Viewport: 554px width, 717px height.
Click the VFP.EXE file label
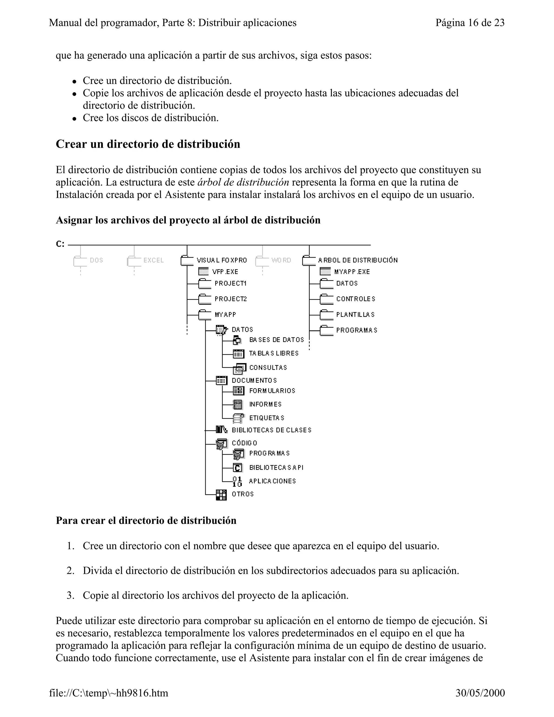[x=225, y=272]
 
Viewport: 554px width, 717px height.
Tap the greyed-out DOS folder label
[x=97, y=260]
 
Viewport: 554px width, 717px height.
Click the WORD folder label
[x=281, y=260]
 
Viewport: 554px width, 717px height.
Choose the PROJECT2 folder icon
[x=205, y=299]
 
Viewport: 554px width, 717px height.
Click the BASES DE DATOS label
[x=277, y=340]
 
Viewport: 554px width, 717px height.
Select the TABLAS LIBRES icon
[x=238, y=354]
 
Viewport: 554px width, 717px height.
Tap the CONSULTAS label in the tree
[x=268, y=368]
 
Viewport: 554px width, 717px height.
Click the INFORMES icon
[x=238, y=404]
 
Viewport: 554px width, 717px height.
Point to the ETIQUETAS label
[x=267, y=418]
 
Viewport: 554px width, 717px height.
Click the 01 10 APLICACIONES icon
[x=237, y=482]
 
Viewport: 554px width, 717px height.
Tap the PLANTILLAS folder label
[x=355, y=314]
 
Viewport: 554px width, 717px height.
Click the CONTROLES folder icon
[x=326, y=299]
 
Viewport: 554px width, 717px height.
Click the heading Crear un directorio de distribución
[x=148, y=144]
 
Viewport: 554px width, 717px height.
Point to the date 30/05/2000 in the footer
[x=480, y=693]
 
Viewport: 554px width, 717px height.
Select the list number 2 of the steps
[x=70, y=571]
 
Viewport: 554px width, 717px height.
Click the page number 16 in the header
[x=473, y=23]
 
